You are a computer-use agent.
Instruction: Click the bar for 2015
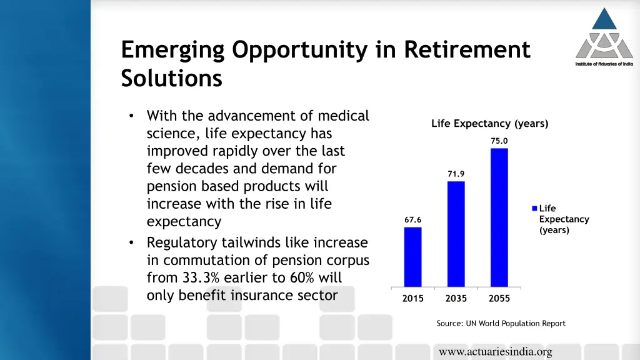tap(412, 256)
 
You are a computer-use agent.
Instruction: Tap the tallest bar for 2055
tap(499, 217)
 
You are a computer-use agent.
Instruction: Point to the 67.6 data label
tap(412, 220)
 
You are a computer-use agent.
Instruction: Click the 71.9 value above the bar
tap(456, 174)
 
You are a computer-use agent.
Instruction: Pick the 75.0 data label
tap(499, 141)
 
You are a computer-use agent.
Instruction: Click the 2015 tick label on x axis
tap(412, 299)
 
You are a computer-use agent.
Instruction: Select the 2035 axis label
tap(456, 299)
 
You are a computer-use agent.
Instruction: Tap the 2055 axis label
tap(499, 299)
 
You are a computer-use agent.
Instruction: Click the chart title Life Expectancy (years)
tap(489, 124)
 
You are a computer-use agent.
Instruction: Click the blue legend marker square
tap(535, 209)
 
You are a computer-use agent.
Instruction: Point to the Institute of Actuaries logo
tap(604, 37)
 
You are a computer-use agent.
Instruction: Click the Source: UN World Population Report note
tap(501, 324)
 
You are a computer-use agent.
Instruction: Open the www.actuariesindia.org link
tap(495, 352)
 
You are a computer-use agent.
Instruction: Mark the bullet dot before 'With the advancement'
tap(131, 116)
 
